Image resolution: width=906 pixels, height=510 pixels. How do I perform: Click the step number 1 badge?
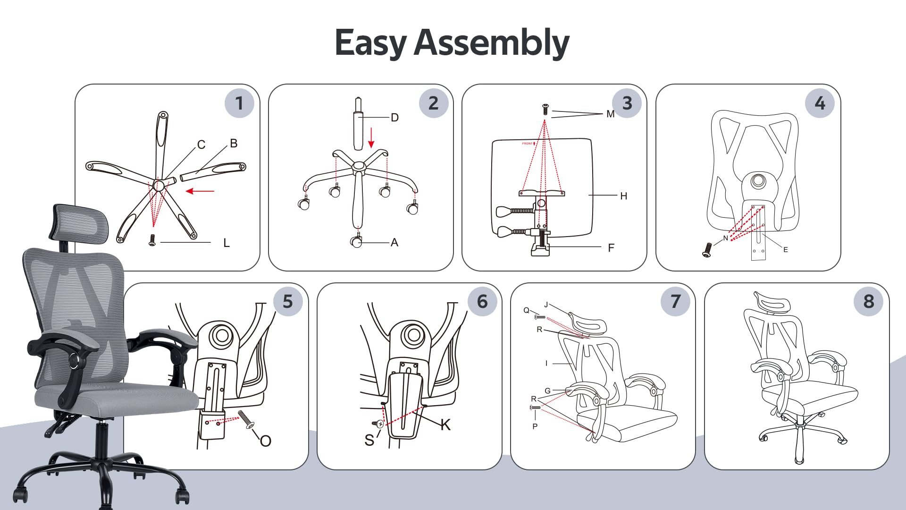tap(239, 103)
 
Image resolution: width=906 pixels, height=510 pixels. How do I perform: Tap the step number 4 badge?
tap(820, 103)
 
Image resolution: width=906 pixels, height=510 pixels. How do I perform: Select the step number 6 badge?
tap(482, 301)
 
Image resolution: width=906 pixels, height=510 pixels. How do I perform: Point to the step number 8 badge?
tap(869, 301)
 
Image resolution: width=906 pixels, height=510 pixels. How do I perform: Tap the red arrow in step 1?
tap(200, 191)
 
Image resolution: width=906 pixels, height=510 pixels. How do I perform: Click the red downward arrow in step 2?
tap(371, 137)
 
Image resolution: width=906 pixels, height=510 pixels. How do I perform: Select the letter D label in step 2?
tap(395, 118)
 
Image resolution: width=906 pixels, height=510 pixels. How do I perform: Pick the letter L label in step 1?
tap(226, 243)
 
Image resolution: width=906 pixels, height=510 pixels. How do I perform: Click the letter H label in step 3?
tap(624, 196)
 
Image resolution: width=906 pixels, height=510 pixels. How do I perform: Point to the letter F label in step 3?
tap(611, 248)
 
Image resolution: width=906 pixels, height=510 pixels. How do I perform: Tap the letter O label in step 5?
tap(265, 441)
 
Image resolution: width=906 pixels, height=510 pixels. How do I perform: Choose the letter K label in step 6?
tap(445, 425)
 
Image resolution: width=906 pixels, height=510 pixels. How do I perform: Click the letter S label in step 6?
tap(369, 441)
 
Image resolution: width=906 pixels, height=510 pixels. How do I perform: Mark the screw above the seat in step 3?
tap(545, 110)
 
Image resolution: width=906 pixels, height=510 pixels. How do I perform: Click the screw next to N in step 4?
tap(707, 250)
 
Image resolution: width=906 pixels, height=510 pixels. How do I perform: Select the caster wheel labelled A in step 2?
tap(356, 241)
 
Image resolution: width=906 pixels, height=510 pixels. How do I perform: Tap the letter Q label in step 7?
tap(527, 310)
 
